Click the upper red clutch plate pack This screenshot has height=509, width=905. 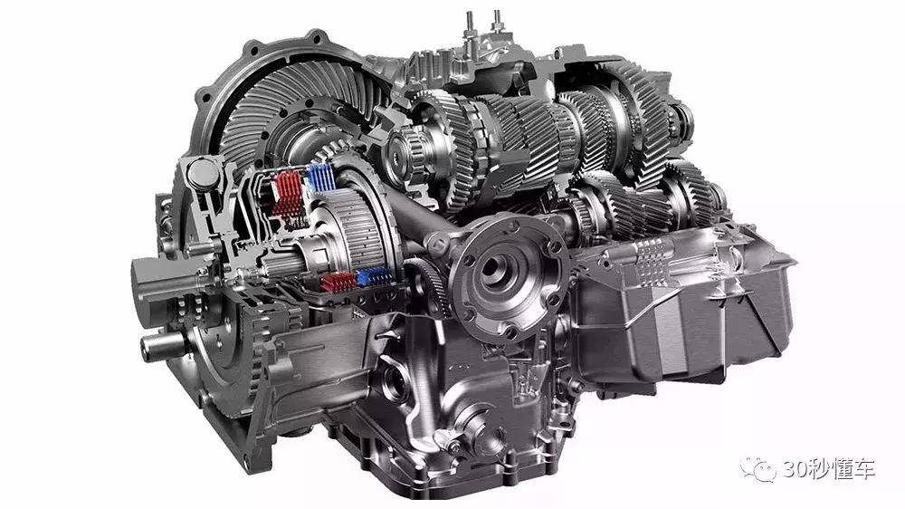(288, 192)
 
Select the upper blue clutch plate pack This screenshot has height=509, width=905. (320, 178)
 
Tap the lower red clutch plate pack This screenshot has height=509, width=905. (338, 282)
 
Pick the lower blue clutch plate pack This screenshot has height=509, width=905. (375, 277)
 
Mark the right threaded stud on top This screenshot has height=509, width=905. (496, 22)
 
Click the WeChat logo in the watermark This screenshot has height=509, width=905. (758, 468)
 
